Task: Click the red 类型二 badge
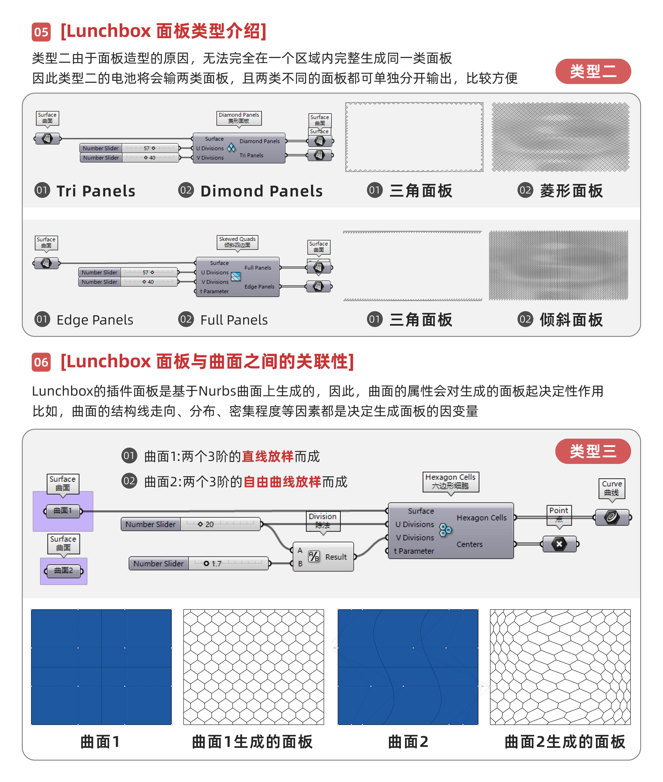[593, 71]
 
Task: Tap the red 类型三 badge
[593, 451]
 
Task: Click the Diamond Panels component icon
[231, 148]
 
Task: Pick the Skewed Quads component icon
[236, 277]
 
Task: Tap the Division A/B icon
[314, 556]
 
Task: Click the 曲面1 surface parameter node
[63, 511]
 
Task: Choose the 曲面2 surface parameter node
[64, 571]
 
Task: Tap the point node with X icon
[559, 544]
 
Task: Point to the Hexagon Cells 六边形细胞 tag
[450, 481]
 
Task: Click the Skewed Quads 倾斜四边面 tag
[237, 242]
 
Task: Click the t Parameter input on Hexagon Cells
[414, 551]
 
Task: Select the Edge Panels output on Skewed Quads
[259, 287]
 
